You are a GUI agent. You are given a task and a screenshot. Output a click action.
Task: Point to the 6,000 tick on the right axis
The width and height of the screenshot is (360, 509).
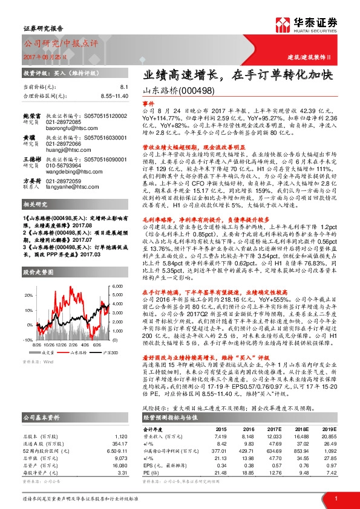[x=118, y=286]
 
